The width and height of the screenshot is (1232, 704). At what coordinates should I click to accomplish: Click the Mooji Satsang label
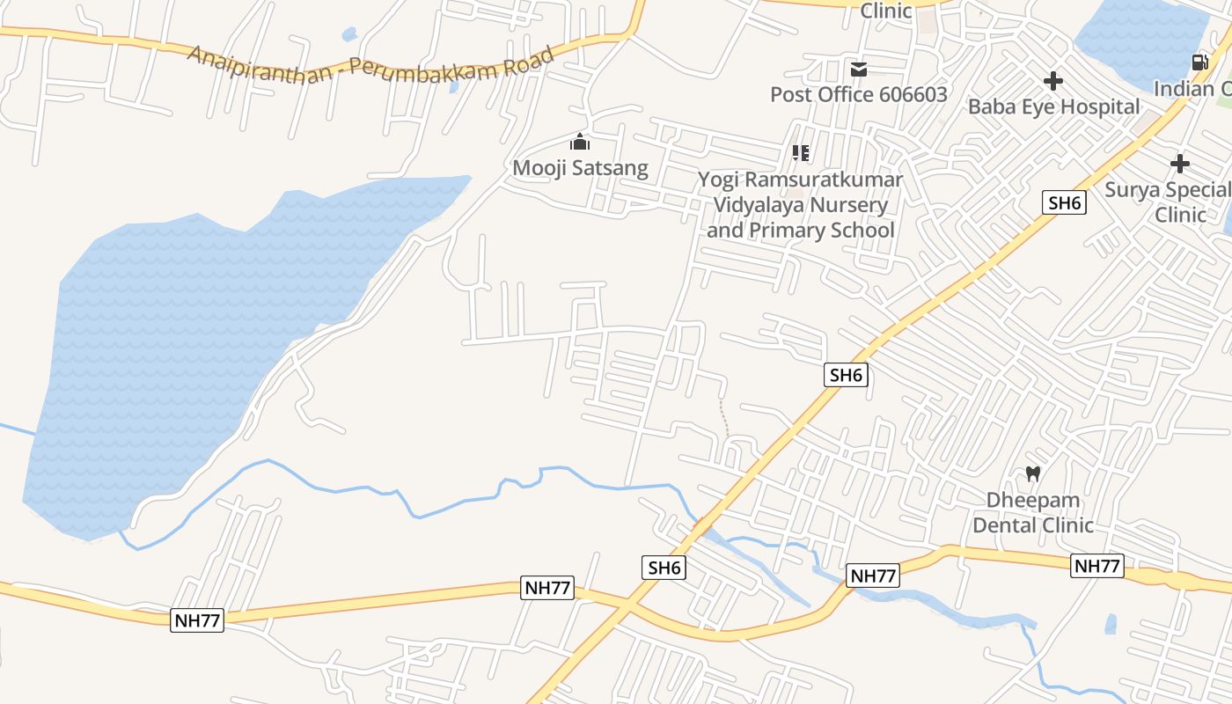click(580, 167)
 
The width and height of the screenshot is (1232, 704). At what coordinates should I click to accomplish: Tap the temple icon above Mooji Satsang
click(580, 142)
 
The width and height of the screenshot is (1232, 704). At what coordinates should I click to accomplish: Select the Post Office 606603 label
click(858, 94)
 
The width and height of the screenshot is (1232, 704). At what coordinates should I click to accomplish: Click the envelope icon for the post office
click(858, 69)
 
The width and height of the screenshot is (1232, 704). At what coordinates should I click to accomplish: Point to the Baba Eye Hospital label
click(1053, 106)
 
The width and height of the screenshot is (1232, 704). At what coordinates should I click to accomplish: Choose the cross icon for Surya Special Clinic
click(1180, 164)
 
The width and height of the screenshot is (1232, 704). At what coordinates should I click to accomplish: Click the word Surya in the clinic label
click(1133, 190)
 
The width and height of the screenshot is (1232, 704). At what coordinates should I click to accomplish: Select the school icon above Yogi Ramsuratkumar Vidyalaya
click(800, 153)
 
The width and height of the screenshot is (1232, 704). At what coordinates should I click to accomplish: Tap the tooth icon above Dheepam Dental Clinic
click(1033, 474)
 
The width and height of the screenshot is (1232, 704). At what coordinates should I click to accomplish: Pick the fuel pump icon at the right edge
click(1199, 62)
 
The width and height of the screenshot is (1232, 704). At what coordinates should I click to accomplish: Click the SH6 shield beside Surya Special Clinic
click(1065, 202)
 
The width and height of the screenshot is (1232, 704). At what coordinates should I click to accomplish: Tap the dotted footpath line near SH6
click(724, 418)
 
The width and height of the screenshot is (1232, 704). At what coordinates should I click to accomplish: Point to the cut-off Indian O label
click(1192, 89)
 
